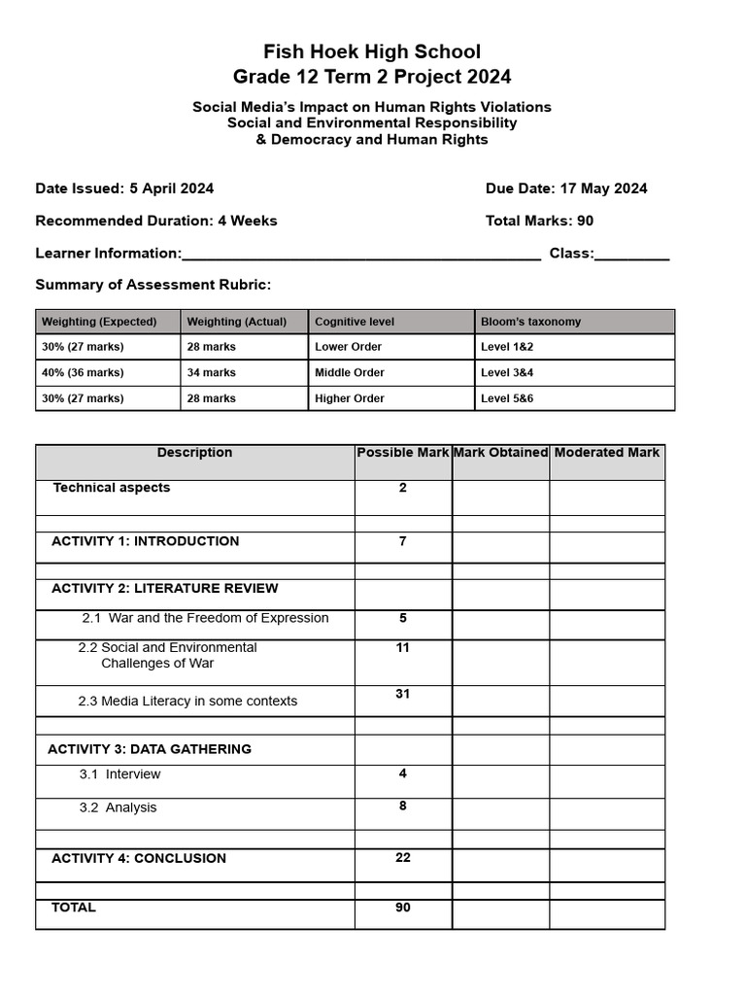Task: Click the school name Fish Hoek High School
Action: (372, 51)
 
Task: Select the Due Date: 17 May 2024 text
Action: (566, 189)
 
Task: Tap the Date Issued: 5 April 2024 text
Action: (124, 189)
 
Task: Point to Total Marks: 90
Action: (539, 221)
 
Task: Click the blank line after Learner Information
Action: (361, 255)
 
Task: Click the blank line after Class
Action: (631, 255)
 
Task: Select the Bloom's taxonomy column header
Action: (530, 322)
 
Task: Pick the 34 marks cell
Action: (211, 373)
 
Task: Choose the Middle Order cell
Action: (349, 373)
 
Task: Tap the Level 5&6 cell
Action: (507, 398)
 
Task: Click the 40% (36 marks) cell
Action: (83, 373)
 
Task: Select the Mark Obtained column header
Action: (500, 453)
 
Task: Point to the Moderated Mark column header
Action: (607, 453)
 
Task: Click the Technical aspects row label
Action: (111, 488)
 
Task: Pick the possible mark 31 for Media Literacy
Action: (403, 694)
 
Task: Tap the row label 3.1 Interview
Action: (119, 774)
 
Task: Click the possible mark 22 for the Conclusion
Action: (403, 858)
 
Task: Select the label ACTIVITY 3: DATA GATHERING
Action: (150, 749)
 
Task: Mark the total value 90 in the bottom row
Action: (403, 908)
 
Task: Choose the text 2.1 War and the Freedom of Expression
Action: (205, 618)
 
